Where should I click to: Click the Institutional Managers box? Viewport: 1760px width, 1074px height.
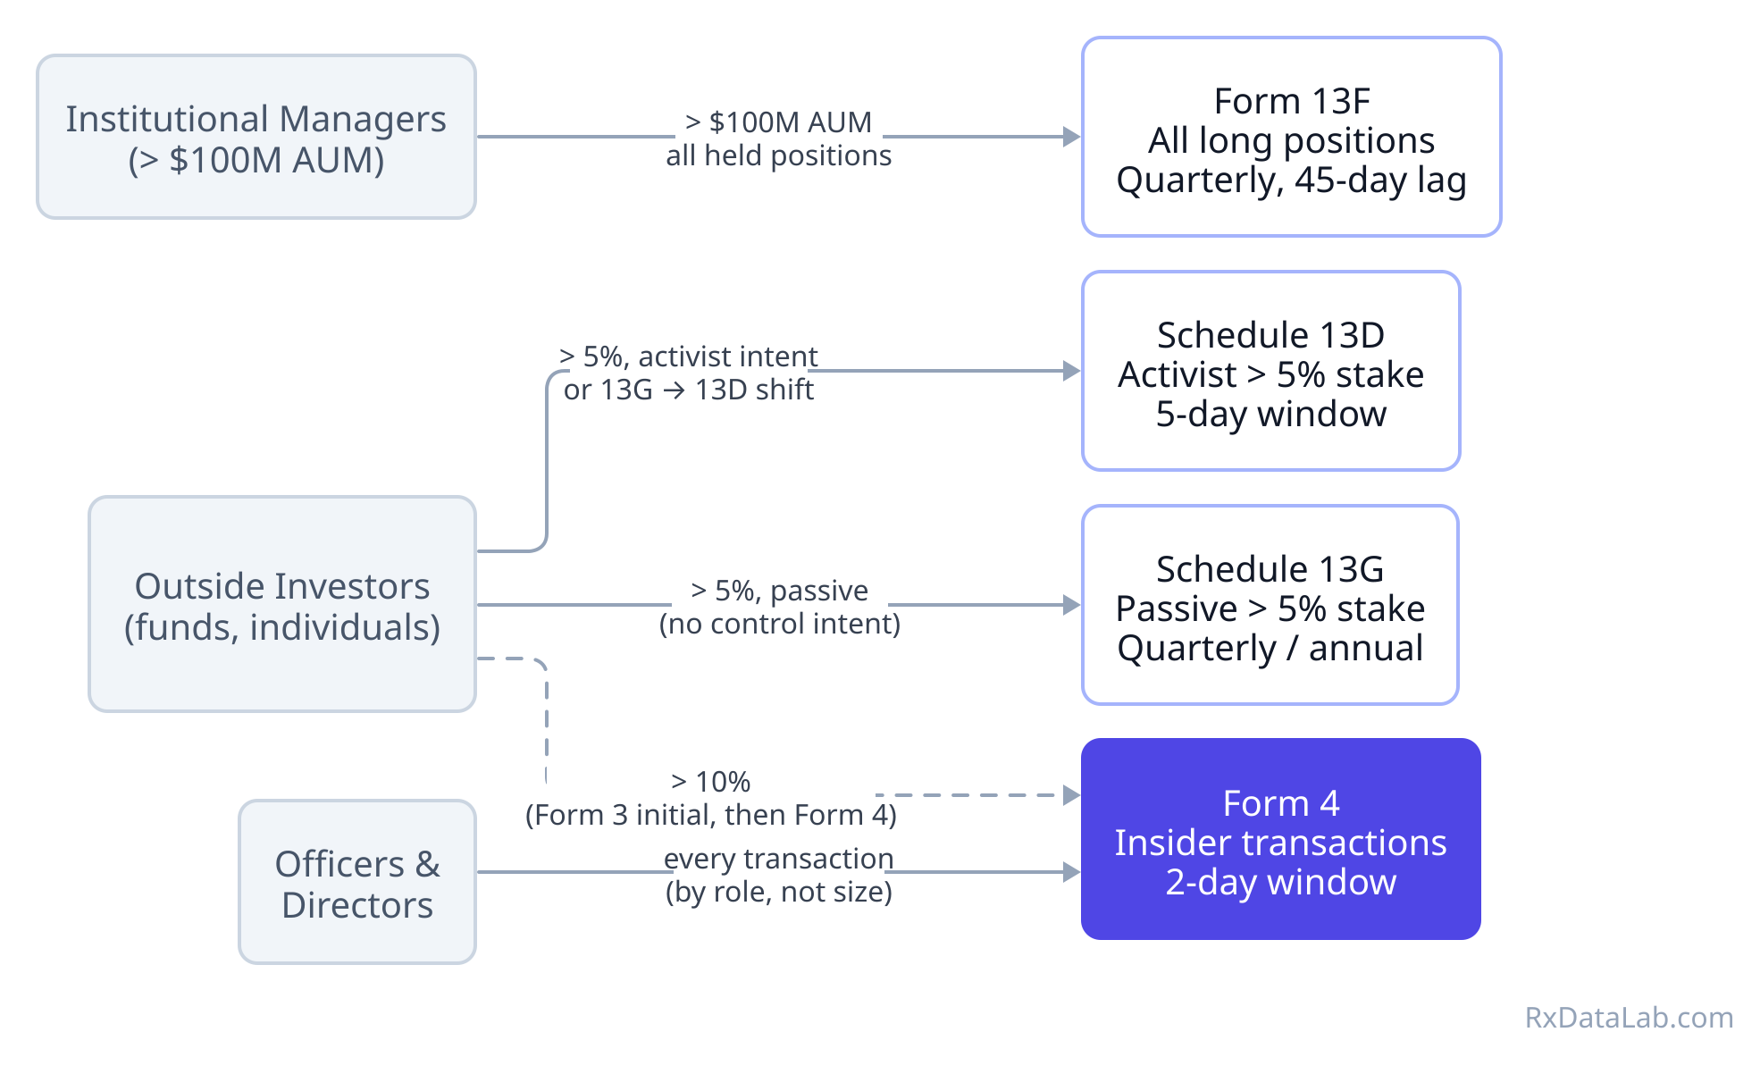[256, 137]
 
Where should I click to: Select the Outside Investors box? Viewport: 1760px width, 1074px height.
[281, 604]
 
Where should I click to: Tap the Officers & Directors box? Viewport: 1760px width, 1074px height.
[356, 882]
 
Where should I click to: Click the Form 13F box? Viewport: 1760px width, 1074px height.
[1291, 137]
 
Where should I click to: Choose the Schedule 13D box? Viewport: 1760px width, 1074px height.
[1270, 371]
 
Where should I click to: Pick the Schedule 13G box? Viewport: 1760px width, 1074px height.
[1270, 605]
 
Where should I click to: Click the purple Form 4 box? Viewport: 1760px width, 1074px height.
[1280, 839]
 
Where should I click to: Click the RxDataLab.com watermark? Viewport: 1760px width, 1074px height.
[1628, 1017]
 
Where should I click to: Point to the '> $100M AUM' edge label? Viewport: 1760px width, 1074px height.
[778, 122]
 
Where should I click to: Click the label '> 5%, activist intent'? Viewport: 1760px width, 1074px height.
[688, 357]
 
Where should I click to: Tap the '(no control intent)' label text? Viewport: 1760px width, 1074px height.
[779, 624]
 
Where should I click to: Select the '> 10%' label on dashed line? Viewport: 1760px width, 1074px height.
[710, 782]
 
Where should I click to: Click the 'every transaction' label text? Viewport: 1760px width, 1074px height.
[778, 859]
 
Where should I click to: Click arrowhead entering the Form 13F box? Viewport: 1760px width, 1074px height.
[1071, 137]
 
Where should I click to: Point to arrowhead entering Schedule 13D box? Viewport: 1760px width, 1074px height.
[1071, 371]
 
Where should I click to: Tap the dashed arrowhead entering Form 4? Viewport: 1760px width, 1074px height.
[1071, 794]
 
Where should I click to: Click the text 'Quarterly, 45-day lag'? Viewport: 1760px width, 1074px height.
[1291, 180]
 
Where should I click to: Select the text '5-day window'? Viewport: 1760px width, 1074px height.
[1270, 414]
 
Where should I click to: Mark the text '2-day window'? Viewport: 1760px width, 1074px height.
[1280, 882]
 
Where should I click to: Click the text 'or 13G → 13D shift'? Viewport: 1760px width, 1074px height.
[688, 390]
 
